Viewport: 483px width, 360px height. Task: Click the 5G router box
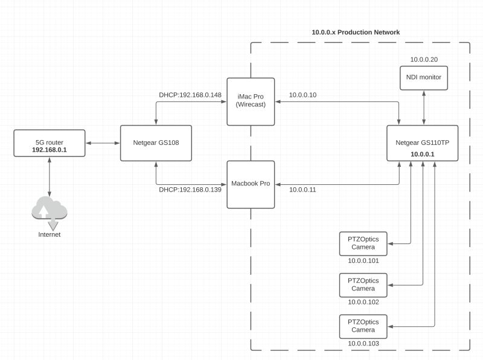tap(50, 143)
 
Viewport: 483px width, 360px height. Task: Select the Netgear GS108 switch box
tap(156, 143)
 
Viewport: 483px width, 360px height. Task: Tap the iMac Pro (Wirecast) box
tap(251, 101)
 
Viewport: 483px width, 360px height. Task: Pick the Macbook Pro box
tap(251, 184)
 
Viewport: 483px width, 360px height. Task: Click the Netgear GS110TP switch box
tap(423, 143)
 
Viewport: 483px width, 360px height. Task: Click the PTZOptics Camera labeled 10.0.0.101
tap(363, 243)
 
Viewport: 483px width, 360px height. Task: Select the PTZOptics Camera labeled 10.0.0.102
tap(363, 284)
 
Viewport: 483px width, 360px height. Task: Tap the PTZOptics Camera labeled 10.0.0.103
tap(363, 326)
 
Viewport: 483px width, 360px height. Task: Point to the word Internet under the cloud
tap(50, 234)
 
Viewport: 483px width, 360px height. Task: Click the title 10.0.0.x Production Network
tap(355, 32)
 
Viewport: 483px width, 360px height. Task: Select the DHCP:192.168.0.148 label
tap(190, 95)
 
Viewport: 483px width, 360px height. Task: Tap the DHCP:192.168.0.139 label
tap(190, 190)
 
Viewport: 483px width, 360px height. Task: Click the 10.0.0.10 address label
tap(302, 95)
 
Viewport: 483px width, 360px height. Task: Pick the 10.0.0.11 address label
tap(302, 190)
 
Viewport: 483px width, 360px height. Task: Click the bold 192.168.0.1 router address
tap(50, 149)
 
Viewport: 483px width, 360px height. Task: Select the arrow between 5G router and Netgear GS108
tap(103, 143)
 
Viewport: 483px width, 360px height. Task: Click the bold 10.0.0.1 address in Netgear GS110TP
tap(423, 155)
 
